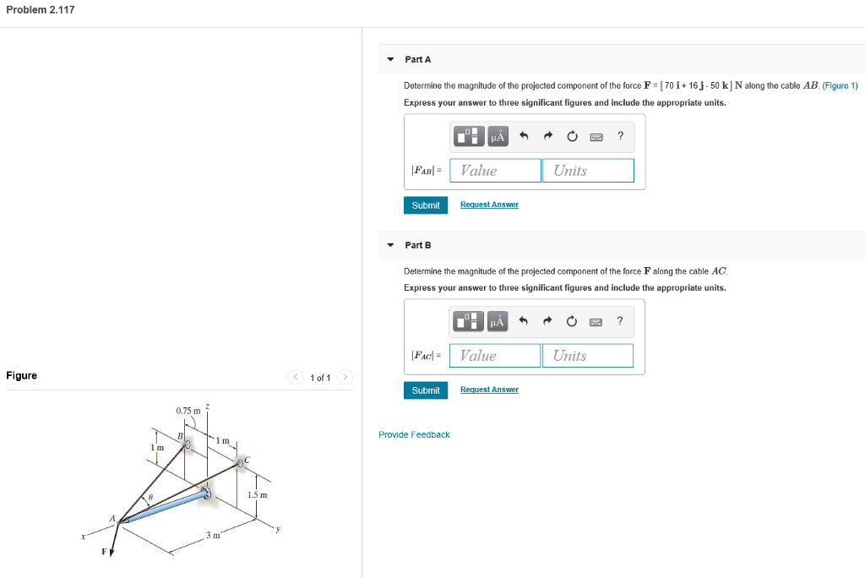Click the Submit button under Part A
426,205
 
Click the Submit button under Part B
426,390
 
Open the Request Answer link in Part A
489,204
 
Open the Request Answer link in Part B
489,390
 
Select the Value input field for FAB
496,171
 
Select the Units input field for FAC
587,356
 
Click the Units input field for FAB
588,171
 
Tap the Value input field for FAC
495,356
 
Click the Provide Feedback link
414,434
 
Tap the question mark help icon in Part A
621,135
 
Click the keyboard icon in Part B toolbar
596,321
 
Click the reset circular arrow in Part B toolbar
572,321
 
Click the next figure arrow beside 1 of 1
345,377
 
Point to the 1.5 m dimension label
258,494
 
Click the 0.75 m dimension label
188,411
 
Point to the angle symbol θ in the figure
150,497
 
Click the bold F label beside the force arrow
105,552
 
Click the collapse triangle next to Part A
389,59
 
